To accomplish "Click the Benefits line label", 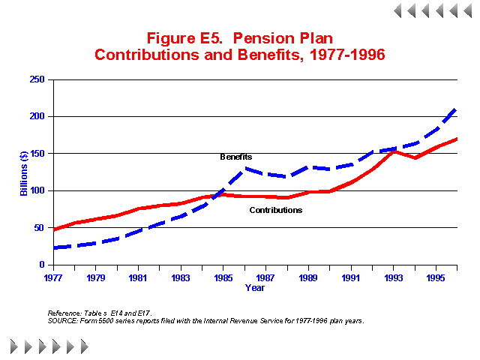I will [235, 157].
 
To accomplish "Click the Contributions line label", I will [275, 210].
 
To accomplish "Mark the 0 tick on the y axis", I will [42, 265].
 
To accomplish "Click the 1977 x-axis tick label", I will [52, 277].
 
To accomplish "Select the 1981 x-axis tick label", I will [138, 277].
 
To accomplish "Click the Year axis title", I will [254, 287].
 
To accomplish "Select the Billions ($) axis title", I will [24, 172].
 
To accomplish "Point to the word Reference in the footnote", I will [64, 313].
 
